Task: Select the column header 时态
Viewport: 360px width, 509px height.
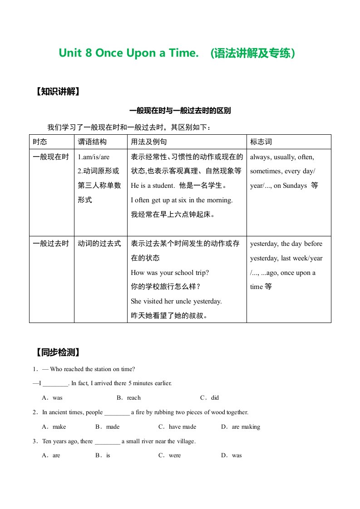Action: [x=40, y=142]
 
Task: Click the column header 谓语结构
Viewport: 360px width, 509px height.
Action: [x=93, y=142]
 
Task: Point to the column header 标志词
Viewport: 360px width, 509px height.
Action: [x=261, y=142]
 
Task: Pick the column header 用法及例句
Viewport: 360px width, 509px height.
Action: [x=149, y=142]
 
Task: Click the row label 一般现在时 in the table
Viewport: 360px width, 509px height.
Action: [x=51, y=157]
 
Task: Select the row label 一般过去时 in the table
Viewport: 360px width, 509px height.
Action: [x=51, y=244]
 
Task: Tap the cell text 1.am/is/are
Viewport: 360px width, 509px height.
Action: [x=94, y=157]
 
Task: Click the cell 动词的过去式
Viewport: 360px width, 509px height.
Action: [x=100, y=244]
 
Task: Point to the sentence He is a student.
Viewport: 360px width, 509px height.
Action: [x=153, y=186]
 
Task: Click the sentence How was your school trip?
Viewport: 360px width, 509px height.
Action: [x=170, y=273]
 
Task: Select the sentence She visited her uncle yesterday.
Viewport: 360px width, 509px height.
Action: [x=176, y=301]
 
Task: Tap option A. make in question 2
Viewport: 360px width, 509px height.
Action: [x=54, y=427]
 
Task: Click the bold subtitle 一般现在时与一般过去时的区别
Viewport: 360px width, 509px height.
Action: [x=180, y=111]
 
